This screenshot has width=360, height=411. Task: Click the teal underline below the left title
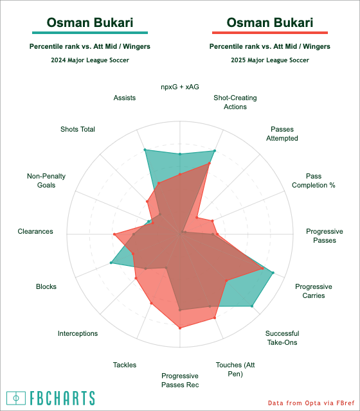(x=90, y=33)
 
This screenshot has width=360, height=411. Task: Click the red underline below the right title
(x=270, y=33)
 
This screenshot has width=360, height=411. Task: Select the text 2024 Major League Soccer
(x=90, y=60)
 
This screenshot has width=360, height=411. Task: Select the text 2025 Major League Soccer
(x=270, y=60)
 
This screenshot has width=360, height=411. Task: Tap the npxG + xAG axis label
(x=180, y=87)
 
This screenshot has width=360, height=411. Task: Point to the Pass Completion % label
(x=314, y=180)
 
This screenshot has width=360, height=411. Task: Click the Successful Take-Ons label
(x=282, y=338)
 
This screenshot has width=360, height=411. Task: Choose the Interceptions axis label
(x=78, y=333)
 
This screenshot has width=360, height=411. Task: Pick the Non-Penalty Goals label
(x=46, y=180)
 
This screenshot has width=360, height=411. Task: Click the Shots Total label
(x=78, y=129)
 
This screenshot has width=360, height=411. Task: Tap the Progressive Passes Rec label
(x=180, y=380)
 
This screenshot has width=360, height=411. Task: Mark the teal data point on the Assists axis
(x=145, y=150)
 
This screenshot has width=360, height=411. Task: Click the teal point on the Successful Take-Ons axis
(x=252, y=306)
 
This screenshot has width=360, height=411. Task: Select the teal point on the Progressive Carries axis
(x=273, y=273)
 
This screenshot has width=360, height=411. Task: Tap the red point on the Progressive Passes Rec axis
(x=180, y=328)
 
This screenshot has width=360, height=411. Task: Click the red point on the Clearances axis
(x=114, y=234)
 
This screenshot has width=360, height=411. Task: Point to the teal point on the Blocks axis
(x=111, y=263)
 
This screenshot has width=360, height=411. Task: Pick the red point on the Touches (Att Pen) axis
(x=214, y=318)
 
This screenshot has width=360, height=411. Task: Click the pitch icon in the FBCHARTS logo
(x=16, y=398)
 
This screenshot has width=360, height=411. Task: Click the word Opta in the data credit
(x=311, y=403)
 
